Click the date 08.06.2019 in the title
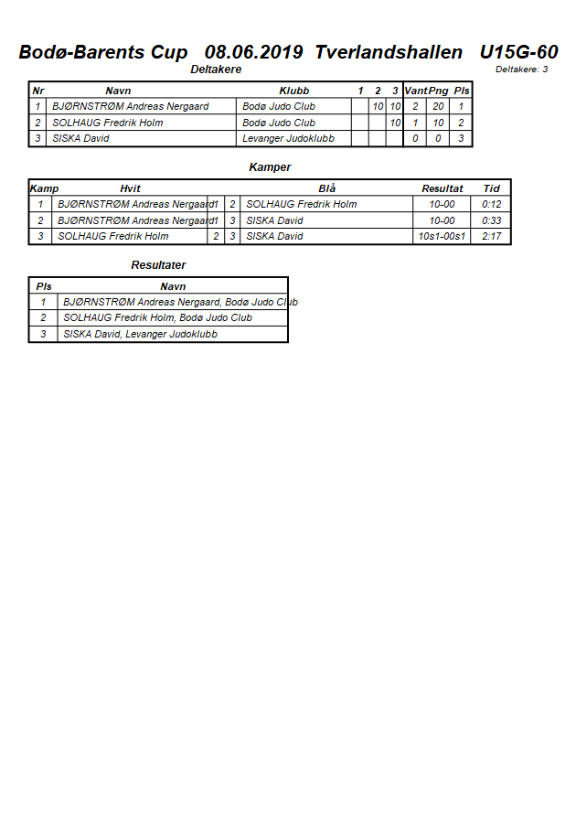click(255, 52)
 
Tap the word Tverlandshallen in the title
click(389, 52)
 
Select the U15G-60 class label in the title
click(518, 52)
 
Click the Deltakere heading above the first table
click(216, 70)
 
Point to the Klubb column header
click(293, 91)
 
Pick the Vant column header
click(415, 91)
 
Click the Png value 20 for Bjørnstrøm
click(438, 106)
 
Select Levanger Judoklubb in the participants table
click(288, 138)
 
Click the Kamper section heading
click(270, 167)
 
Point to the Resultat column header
click(442, 188)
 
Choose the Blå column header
click(326, 188)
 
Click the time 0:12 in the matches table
click(492, 204)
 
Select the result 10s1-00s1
click(442, 236)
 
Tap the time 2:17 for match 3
click(492, 236)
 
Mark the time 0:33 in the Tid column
click(492, 220)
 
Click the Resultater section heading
click(158, 265)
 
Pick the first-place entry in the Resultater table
click(180, 302)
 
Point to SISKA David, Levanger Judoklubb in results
click(140, 334)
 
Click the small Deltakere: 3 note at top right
click(521, 70)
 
